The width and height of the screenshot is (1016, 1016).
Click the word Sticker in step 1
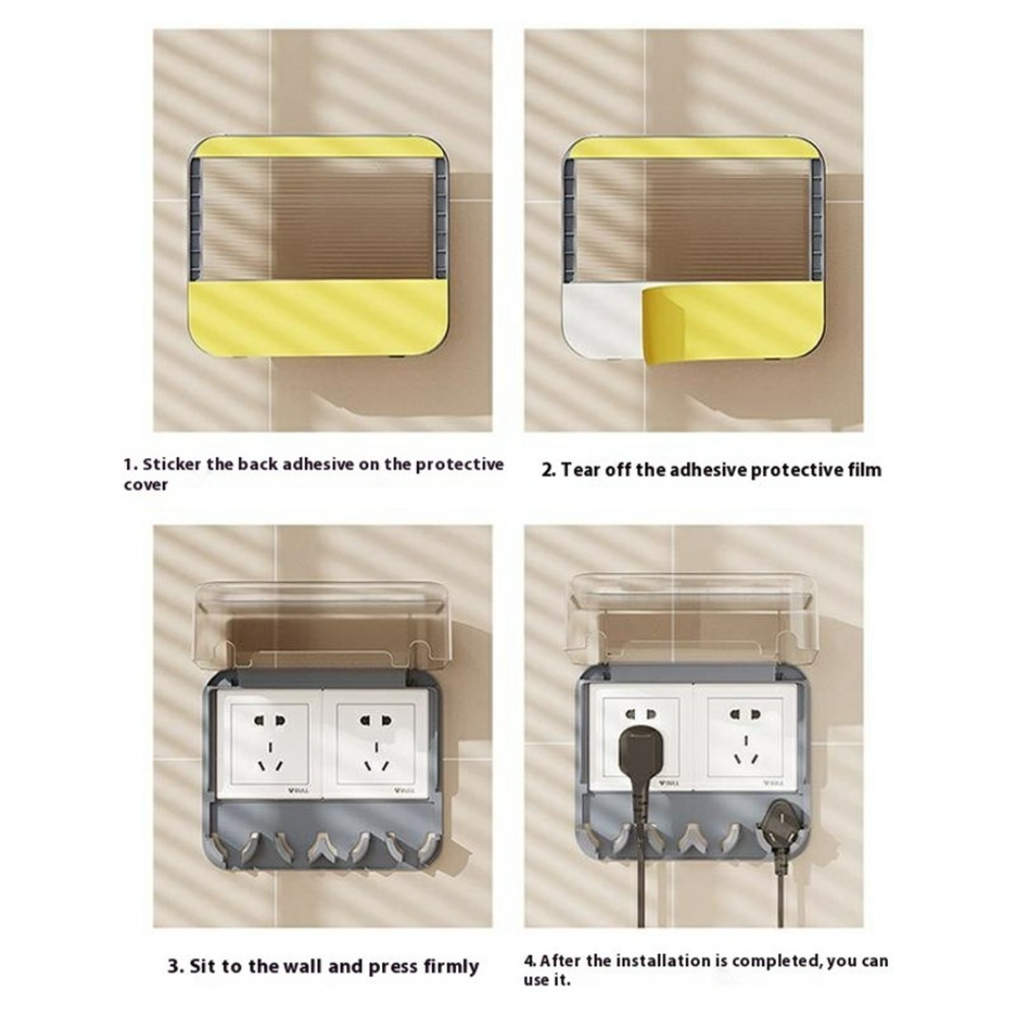172,465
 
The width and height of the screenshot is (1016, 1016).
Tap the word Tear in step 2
579,469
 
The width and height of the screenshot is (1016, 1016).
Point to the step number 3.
174,967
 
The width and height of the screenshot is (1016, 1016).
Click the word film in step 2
865,469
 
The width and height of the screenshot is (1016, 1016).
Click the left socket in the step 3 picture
268,742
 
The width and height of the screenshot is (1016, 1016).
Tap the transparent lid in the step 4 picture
692,619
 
